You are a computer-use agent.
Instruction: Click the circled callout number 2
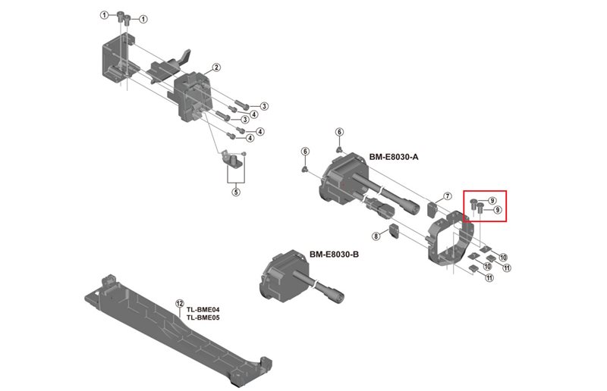(x=216, y=67)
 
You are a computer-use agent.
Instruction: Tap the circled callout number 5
(x=236, y=192)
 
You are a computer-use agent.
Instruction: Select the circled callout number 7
(x=448, y=196)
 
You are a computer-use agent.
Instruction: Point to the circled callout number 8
(x=376, y=236)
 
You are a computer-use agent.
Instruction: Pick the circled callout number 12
(x=180, y=303)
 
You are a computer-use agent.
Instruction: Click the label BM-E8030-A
(x=394, y=157)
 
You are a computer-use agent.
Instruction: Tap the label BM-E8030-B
(x=334, y=254)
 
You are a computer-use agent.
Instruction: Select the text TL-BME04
(x=203, y=309)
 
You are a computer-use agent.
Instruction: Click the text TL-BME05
(x=203, y=317)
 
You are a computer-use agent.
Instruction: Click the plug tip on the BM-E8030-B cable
(x=336, y=296)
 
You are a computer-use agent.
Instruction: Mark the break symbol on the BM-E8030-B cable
(x=317, y=286)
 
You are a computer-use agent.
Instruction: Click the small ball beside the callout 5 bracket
(x=244, y=154)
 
